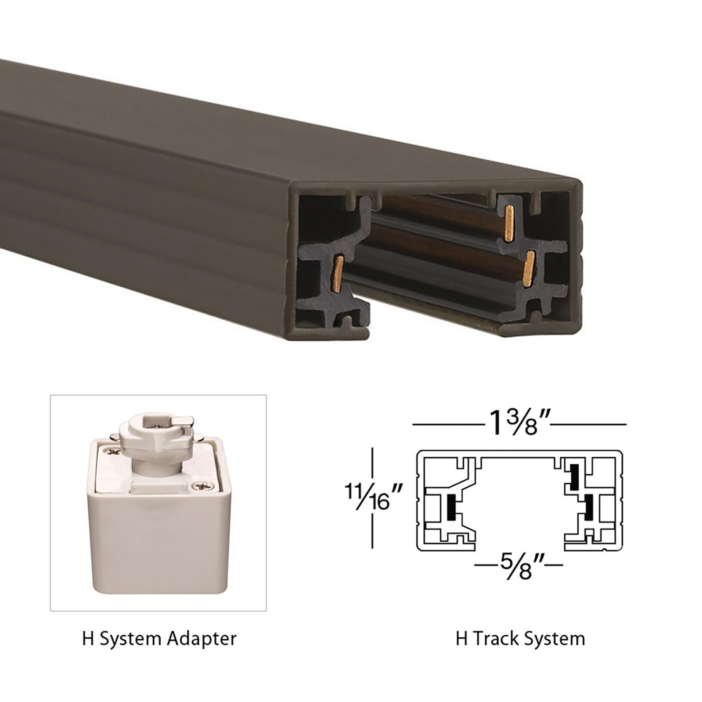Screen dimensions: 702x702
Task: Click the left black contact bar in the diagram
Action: [x=451, y=507]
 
